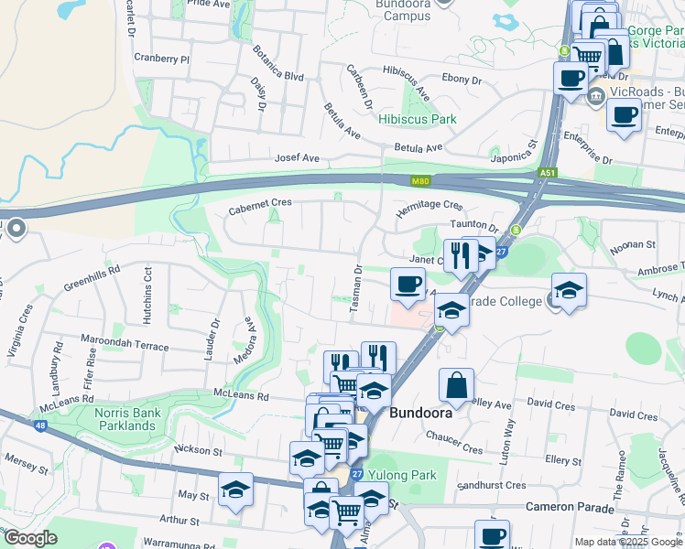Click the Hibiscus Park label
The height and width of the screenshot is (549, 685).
[x=419, y=120]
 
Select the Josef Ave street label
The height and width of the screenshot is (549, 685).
[x=298, y=158]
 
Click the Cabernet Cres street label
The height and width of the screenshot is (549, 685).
[x=259, y=202]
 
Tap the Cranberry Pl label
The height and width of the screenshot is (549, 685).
[x=160, y=59]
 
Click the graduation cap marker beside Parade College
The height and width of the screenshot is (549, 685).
[x=569, y=290]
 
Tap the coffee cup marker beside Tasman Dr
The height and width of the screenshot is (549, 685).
[x=408, y=283]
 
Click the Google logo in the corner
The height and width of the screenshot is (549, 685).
[x=29, y=538]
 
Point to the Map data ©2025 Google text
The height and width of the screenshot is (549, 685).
[x=627, y=542]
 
